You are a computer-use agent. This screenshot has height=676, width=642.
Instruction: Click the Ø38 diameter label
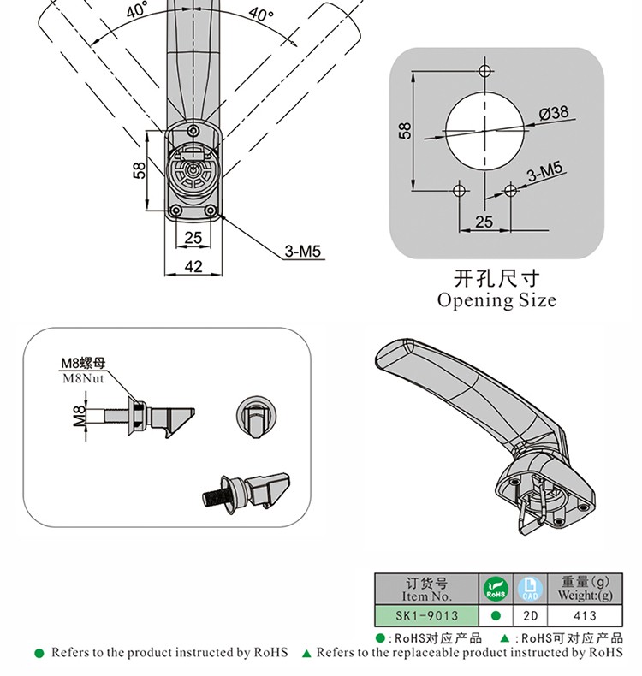pos(554,113)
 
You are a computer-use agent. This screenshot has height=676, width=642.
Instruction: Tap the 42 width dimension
pos(193,266)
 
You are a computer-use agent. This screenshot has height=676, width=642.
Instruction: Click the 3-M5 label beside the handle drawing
pos(302,252)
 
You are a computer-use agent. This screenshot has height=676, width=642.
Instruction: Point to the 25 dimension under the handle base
pos(193,237)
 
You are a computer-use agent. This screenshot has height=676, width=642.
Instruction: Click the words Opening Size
pos(496,300)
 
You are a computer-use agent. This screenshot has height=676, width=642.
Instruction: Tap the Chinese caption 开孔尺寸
pos(496,279)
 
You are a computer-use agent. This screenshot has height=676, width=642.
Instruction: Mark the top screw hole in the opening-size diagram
pos(484,70)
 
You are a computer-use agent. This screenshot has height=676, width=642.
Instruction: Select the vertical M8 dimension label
pos(79,416)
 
